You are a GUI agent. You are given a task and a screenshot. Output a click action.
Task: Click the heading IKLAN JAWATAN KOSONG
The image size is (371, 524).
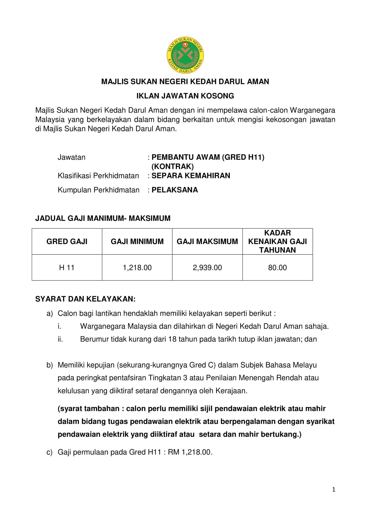[x=185, y=96]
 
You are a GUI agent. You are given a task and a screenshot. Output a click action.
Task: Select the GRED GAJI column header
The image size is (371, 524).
[x=67, y=241]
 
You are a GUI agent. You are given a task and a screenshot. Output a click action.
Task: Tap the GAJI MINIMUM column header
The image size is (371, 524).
[x=137, y=241]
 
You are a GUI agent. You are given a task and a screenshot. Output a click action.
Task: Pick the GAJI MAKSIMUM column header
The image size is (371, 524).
[x=207, y=241]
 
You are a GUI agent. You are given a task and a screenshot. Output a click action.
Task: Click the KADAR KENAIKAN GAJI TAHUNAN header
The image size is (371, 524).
[x=277, y=241]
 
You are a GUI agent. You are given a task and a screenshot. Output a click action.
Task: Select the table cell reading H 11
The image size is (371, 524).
[x=67, y=268]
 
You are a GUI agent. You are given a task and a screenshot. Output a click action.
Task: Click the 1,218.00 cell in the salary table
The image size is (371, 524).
[x=137, y=268]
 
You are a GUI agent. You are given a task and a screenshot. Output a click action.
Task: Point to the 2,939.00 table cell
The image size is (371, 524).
[x=207, y=268]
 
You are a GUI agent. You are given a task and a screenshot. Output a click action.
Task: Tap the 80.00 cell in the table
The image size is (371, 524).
[x=277, y=268]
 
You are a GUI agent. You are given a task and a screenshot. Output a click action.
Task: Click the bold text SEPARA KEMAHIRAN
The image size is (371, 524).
[x=191, y=176]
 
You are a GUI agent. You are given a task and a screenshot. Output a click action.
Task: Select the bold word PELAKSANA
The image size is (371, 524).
[x=175, y=190]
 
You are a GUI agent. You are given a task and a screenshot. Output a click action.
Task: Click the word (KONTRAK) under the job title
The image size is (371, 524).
[x=173, y=167]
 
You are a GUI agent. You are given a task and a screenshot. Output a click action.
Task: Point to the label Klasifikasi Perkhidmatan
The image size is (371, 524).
[x=98, y=176]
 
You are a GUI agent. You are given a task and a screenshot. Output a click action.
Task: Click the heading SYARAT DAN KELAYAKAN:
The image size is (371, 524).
[x=85, y=299]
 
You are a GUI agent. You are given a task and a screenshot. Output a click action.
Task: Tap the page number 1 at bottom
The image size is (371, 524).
[x=334, y=490]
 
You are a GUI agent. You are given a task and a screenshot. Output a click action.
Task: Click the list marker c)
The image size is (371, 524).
[x=49, y=452]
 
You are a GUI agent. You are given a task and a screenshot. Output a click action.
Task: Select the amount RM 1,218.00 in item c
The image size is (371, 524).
[x=190, y=452]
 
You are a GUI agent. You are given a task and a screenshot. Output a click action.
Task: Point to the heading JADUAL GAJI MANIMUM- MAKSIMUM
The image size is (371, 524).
[x=103, y=218]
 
